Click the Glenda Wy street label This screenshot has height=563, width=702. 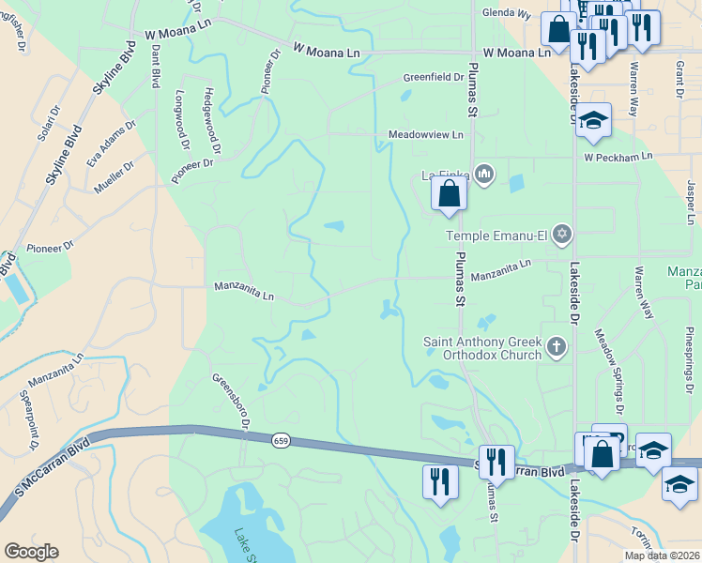click(x=506, y=15)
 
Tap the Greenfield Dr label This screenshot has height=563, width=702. click(x=434, y=77)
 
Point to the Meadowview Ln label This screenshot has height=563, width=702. click(x=426, y=136)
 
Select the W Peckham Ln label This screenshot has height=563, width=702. click(x=618, y=157)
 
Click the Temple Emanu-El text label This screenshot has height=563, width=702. click(x=496, y=236)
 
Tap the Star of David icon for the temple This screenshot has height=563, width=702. click(x=561, y=234)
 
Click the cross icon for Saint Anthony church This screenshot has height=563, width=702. click(x=557, y=348)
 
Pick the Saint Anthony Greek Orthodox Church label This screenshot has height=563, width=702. click(x=482, y=348)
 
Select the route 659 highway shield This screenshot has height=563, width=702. click(x=280, y=440)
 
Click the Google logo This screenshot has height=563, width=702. click(x=31, y=551)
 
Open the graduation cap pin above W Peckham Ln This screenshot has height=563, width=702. click(x=593, y=121)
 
